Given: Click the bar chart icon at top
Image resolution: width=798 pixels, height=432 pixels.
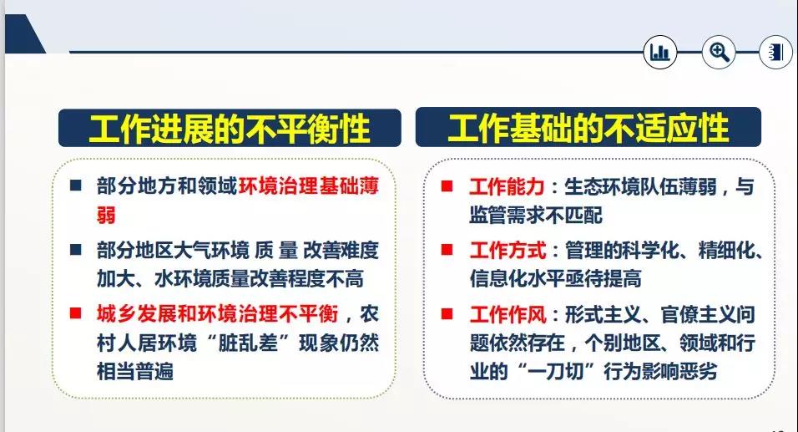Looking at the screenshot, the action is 660,52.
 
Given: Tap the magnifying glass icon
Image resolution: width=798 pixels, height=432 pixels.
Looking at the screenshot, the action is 719,52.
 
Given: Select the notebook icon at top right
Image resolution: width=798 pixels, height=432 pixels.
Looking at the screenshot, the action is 775,52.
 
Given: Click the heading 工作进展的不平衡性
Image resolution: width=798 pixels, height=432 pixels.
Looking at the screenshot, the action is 230,129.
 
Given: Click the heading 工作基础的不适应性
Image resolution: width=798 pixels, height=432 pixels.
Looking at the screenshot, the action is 588,128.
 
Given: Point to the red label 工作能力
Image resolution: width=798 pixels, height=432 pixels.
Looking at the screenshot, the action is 507,187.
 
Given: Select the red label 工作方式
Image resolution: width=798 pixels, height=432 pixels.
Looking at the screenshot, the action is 508,251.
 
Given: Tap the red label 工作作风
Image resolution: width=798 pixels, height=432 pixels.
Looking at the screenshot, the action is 508,314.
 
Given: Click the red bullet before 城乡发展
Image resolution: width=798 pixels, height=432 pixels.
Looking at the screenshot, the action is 76,313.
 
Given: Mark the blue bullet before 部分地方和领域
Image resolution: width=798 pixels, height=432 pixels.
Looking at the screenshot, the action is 76,185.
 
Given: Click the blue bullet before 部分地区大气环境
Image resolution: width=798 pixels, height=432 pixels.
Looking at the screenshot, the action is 76,249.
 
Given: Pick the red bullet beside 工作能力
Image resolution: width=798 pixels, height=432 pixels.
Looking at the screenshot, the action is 447,186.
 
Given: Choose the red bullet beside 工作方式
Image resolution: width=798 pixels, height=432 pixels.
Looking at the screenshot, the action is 447,250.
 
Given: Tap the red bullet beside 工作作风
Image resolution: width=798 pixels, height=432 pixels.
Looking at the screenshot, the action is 447,313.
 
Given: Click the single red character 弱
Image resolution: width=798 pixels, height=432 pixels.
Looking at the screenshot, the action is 106,215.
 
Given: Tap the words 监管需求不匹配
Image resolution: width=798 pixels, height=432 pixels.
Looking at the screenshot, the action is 536,215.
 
